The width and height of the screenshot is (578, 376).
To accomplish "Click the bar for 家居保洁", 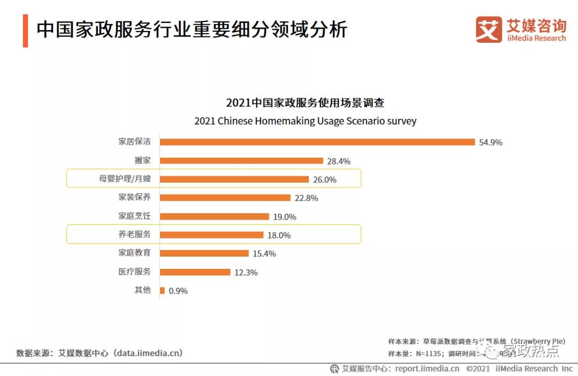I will click(x=317, y=142).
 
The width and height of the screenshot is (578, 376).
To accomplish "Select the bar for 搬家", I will click(x=241, y=161).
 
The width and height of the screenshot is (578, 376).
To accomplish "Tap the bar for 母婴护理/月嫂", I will click(x=234, y=179).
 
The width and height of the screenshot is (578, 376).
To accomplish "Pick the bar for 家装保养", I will click(x=225, y=198).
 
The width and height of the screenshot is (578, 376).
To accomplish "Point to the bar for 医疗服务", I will click(x=195, y=272).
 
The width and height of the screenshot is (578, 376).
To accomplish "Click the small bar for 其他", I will click(x=162, y=290).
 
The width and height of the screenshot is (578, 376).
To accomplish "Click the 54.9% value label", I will click(x=491, y=142).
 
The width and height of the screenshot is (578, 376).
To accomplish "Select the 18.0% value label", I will click(x=279, y=235).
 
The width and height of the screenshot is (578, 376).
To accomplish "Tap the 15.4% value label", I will click(x=264, y=254).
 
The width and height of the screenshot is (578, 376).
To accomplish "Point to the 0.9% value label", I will click(x=178, y=291).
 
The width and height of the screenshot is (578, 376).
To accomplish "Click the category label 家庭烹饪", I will click(x=134, y=216).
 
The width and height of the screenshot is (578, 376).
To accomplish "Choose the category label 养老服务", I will click(x=134, y=235).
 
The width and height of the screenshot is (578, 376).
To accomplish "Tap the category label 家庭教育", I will click(x=134, y=253).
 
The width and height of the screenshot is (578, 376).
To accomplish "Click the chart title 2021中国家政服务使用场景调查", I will click(x=305, y=103).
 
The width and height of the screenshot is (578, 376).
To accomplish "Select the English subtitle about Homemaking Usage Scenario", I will click(x=305, y=121).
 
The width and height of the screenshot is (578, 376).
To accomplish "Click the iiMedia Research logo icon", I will click(x=489, y=29).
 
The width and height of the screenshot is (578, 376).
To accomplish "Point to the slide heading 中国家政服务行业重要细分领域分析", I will click(x=192, y=30).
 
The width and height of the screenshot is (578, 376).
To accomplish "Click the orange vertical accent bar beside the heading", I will click(x=25, y=31).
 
